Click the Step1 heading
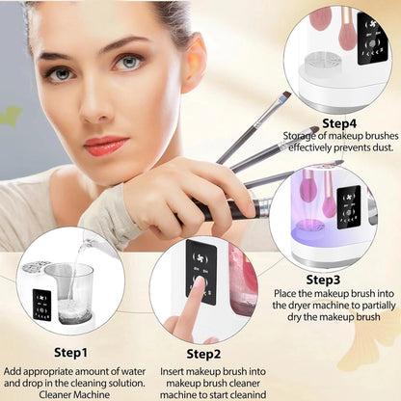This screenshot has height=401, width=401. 70,352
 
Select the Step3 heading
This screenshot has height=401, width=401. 324,280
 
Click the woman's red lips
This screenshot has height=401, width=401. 105,145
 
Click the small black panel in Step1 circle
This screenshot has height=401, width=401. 41,303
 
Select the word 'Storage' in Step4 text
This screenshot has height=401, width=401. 302,137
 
